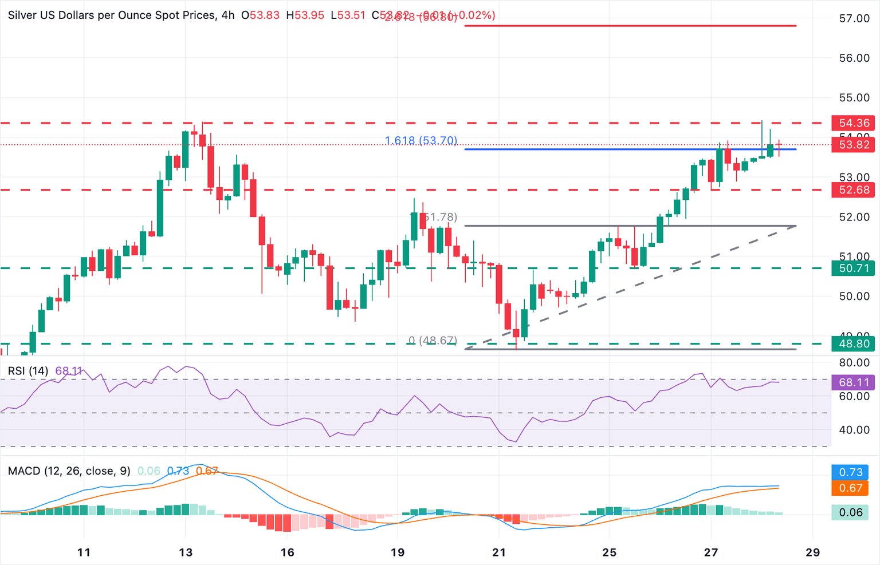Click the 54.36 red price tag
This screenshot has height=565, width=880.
pyautogui.click(x=853, y=123)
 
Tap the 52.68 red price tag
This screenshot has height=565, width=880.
pyautogui.click(x=853, y=190)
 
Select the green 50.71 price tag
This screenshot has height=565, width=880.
pyautogui.click(x=853, y=268)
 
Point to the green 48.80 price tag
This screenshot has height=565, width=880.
pyautogui.click(x=853, y=344)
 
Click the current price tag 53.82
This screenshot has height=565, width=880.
pyautogui.click(x=853, y=145)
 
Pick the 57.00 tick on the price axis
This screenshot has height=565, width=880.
pyautogui.click(x=854, y=18)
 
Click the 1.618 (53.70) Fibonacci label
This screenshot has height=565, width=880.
pyautogui.click(x=421, y=141)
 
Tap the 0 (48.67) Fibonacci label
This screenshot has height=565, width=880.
pyautogui.click(x=433, y=341)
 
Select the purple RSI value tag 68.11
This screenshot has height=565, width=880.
pyautogui.click(x=853, y=382)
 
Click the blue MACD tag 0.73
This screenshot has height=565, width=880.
pyautogui.click(x=850, y=472)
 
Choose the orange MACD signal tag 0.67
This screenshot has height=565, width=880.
pyautogui.click(x=850, y=488)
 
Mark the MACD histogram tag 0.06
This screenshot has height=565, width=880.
pyautogui.click(x=850, y=512)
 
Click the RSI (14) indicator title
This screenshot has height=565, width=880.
pyautogui.click(x=28, y=371)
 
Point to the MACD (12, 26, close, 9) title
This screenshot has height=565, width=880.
pyautogui.click(x=69, y=471)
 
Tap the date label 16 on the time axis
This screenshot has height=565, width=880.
pyautogui.click(x=287, y=552)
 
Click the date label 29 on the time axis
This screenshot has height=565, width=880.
pyautogui.click(x=812, y=552)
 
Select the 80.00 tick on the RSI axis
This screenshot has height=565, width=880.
pyautogui.click(x=854, y=362)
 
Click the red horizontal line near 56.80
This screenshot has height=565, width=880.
pyautogui.click(x=630, y=26)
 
